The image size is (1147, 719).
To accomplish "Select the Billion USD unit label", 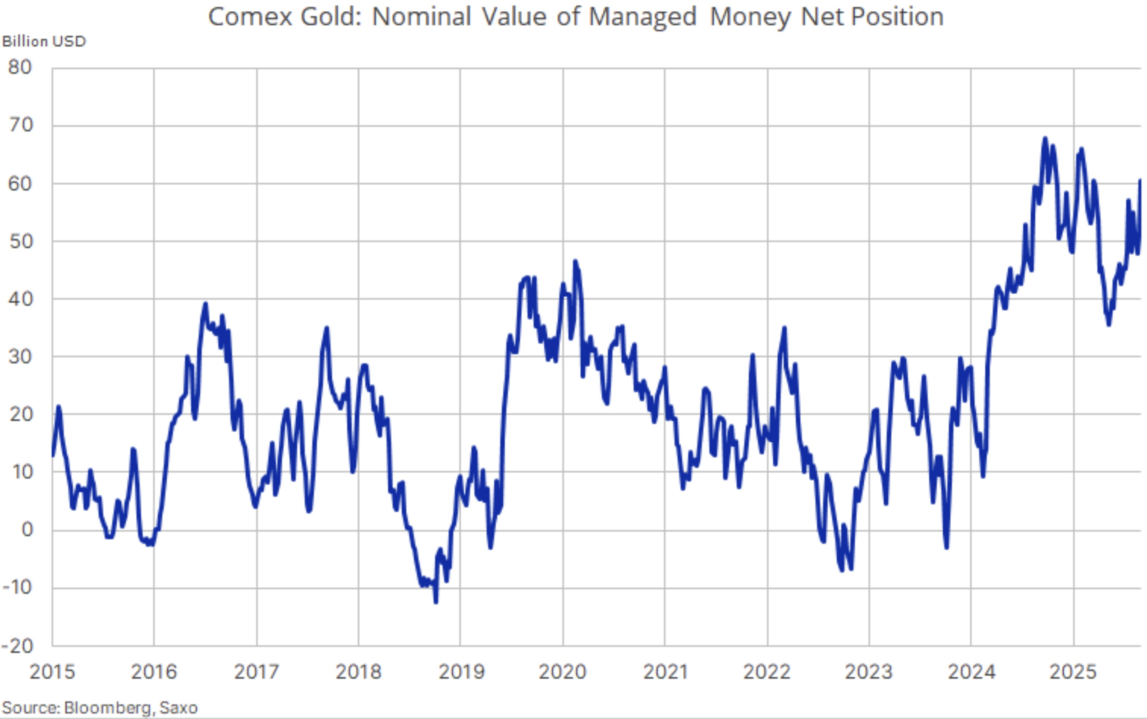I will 44,42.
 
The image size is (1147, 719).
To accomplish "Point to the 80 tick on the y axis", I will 20,68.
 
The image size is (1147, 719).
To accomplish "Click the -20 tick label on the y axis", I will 18,646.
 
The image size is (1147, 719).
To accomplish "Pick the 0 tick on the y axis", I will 27,530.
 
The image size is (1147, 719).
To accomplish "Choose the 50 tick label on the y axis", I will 20,242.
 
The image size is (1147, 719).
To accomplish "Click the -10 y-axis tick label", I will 18,588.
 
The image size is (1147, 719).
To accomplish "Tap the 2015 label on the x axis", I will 52,672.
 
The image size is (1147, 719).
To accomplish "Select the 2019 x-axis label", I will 461,672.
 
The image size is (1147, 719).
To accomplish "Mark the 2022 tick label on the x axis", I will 767,672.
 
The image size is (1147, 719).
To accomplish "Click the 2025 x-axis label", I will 1073,672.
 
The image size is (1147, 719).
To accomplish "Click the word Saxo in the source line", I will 178,708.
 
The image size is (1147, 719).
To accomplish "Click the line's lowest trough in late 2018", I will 436,603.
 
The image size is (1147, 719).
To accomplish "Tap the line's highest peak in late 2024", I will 1044,138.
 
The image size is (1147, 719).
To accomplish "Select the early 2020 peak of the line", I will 575,261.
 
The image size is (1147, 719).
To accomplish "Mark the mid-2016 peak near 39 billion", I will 205,304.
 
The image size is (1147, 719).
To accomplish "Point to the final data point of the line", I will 1140,180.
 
